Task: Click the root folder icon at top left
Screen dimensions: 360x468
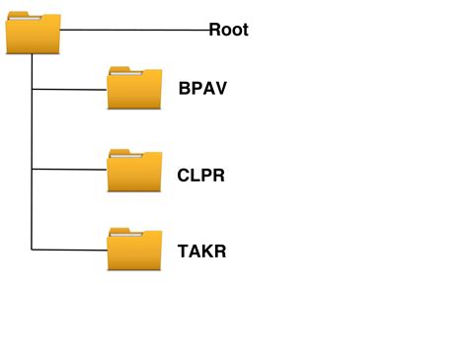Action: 33,35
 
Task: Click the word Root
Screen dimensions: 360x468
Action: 228,30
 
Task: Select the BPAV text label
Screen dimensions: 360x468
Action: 203,88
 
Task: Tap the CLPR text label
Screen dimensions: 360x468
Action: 202,176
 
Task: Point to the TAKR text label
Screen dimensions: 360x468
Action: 202,251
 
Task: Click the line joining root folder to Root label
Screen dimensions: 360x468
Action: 133,30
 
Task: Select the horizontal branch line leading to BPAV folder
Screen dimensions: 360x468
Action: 69,90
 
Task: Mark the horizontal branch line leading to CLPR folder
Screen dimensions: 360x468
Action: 69,170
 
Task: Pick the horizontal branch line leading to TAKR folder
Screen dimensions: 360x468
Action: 69,249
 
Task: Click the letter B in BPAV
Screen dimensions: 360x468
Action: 185,88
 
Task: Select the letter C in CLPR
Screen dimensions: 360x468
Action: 184,176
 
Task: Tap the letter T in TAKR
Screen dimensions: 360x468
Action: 184,251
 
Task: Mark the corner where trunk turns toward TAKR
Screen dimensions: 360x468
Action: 33,249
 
